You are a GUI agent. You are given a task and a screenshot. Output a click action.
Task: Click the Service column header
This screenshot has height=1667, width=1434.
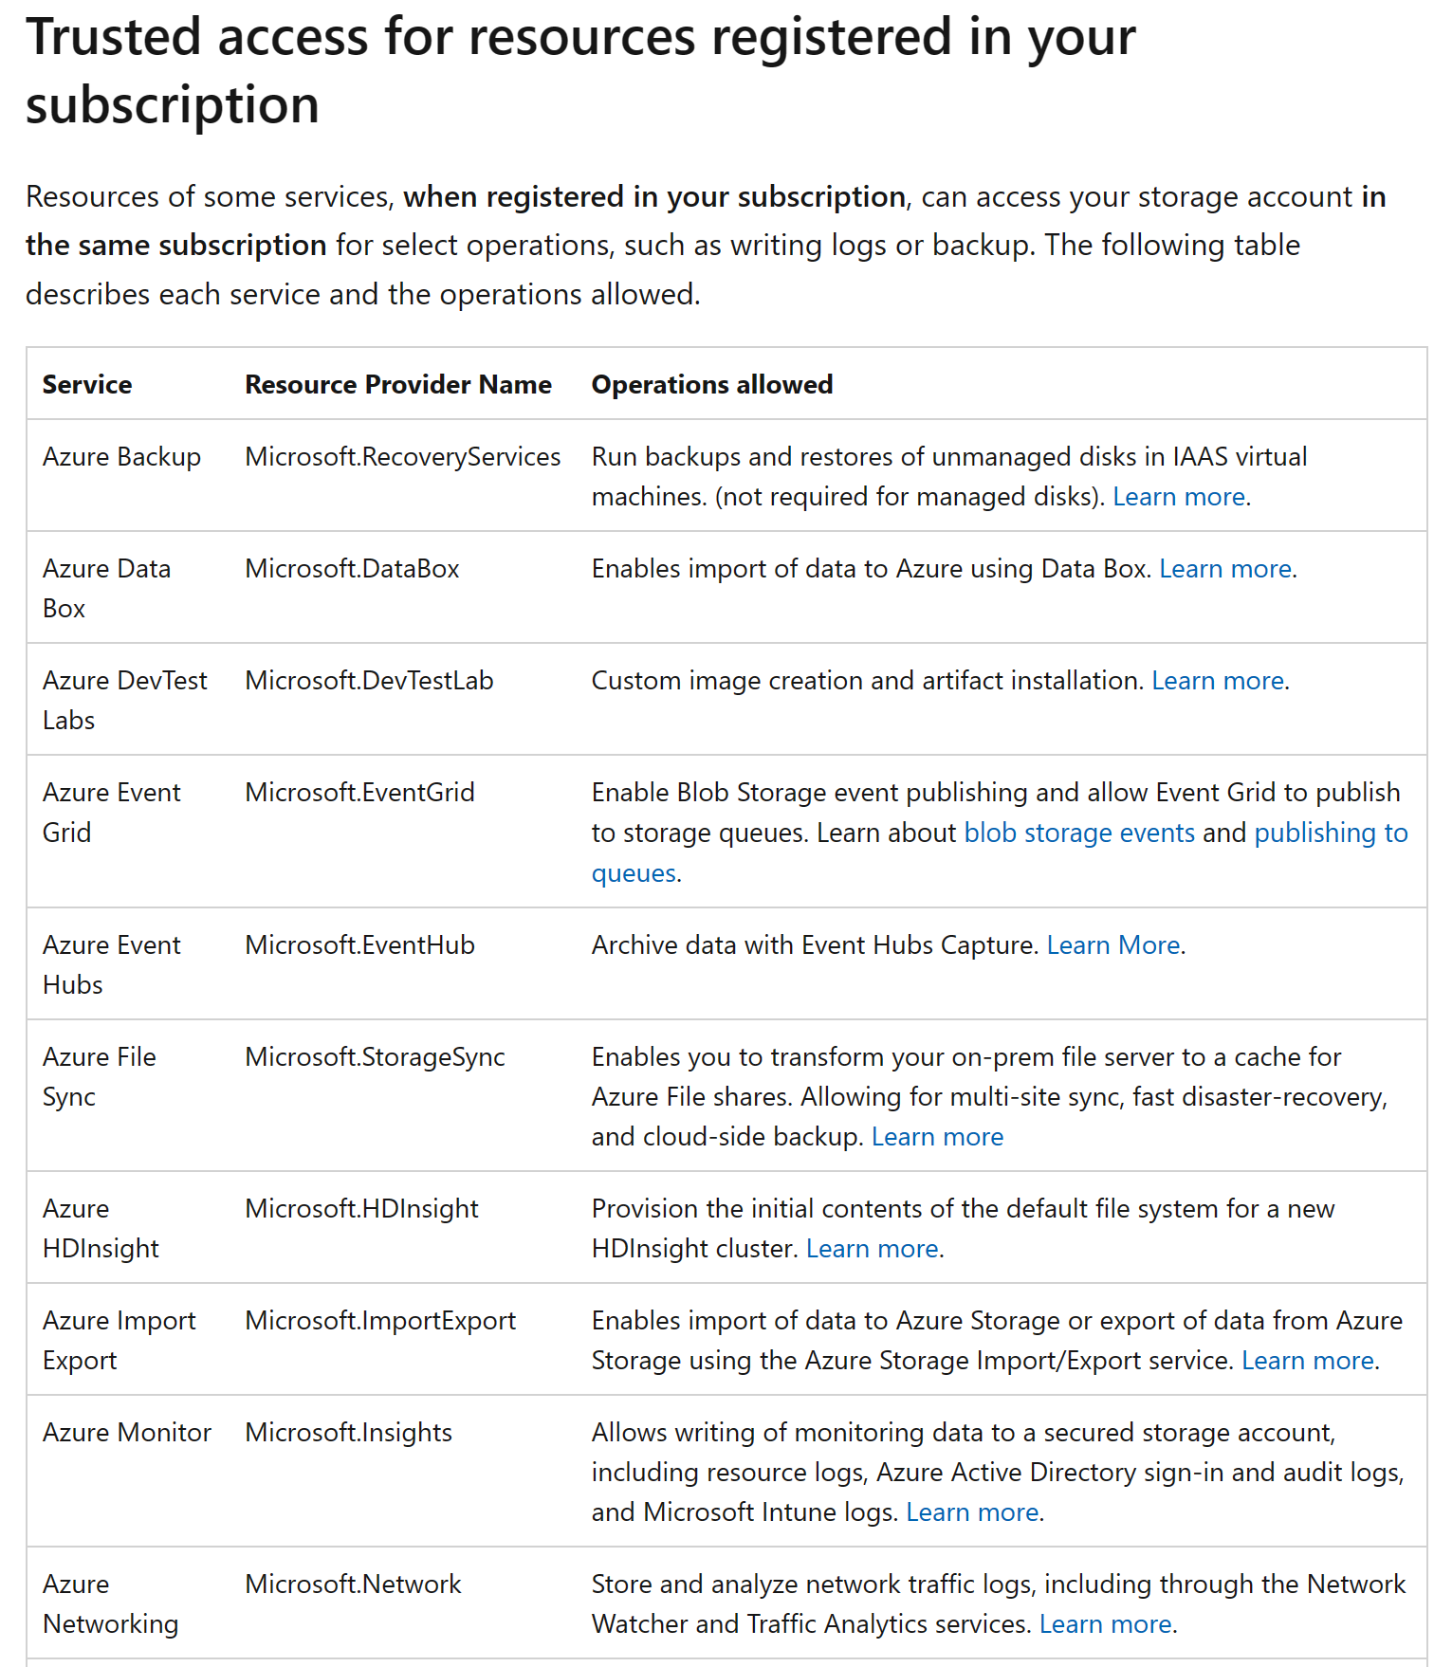click(87, 384)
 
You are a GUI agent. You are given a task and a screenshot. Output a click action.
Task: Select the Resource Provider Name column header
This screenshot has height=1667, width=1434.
click(398, 384)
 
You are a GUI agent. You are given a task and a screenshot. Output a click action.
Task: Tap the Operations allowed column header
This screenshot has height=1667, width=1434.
click(711, 384)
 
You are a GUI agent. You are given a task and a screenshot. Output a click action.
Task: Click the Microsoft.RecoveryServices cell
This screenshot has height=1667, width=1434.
click(402, 457)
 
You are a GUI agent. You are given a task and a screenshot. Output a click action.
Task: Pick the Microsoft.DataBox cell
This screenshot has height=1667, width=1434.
click(352, 569)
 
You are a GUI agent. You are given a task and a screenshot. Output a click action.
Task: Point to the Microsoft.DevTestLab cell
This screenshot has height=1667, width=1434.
click(369, 681)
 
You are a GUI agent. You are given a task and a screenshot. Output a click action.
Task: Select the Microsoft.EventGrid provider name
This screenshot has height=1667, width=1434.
click(359, 793)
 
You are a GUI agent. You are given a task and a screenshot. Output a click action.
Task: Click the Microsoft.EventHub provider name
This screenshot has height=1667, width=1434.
click(359, 945)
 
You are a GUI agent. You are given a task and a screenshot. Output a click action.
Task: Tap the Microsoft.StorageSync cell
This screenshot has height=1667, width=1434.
click(375, 1057)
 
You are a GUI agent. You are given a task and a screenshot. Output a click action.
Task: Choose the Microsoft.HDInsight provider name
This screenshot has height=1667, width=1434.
click(361, 1209)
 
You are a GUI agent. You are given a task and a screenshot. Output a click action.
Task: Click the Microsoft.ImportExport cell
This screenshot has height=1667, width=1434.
click(380, 1321)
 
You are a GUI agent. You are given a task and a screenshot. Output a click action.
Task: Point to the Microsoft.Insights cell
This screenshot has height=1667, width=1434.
click(348, 1433)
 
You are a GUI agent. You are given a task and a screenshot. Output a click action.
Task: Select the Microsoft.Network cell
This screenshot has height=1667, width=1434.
click(353, 1585)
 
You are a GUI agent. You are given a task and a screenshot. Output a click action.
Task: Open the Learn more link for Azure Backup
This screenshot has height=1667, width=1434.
click(1178, 497)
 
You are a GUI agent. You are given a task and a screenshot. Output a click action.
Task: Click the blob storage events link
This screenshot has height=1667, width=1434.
click(1079, 833)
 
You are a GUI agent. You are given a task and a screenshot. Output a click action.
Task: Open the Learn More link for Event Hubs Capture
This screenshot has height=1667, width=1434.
click(1112, 945)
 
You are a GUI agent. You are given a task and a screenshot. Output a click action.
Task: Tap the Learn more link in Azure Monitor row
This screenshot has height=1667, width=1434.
click(972, 1512)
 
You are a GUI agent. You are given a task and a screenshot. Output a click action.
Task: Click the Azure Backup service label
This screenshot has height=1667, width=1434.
click(121, 457)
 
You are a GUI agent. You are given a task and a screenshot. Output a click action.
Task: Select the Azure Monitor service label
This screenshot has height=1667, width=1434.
click(127, 1433)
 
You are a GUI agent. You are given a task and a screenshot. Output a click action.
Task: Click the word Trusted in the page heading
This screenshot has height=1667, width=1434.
click(113, 38)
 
